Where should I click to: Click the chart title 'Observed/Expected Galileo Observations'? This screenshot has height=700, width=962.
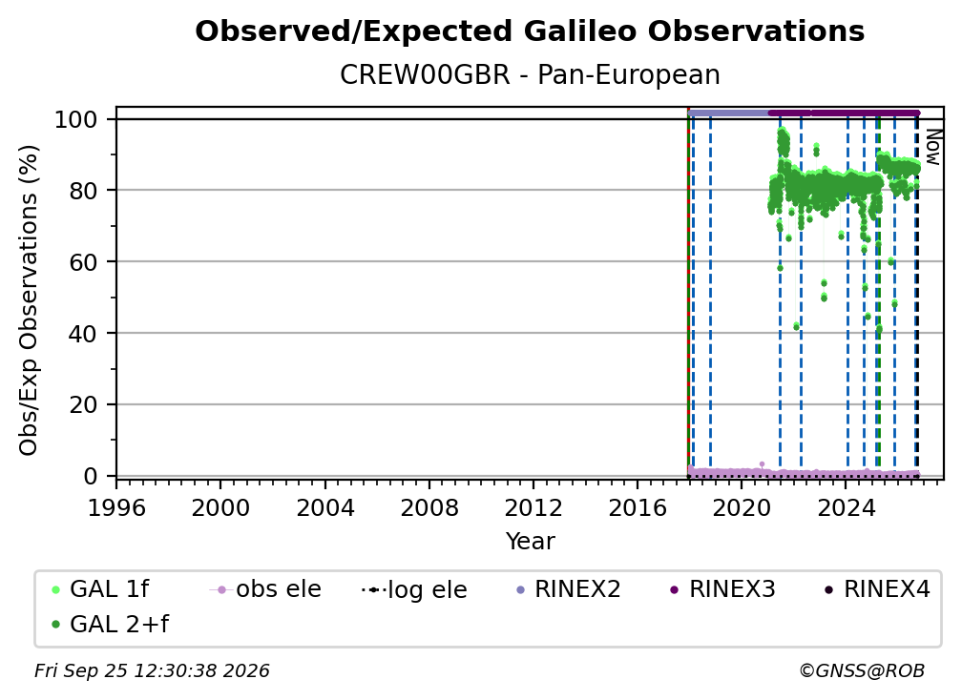click(x=530, y=31)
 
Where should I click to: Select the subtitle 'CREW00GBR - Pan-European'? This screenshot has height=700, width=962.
click(x=530, y=75)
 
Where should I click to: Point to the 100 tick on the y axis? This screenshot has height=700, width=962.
click(x=76, y=119)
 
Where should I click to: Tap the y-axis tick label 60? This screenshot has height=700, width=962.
click(x=83, y=262)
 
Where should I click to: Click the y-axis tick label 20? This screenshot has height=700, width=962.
click(x=83, y=405)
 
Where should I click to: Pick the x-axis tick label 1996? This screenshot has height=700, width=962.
click(x=116, y=508)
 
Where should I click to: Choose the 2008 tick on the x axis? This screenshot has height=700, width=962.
click(x=429, y=508)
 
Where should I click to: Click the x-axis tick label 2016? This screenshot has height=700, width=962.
click(x=638, y=508)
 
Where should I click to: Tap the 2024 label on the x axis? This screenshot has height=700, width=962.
click(x=846, y=508)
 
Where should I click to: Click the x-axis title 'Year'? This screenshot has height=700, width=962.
click(x=530, y=542)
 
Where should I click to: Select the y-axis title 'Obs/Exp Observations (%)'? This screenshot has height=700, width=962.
click(x=29, y=300)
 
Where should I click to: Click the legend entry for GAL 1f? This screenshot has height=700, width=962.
click(x=100, y=589)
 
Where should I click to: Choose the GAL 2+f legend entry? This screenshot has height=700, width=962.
click(x=110, y=625)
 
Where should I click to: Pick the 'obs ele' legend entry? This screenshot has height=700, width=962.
click(x=265, y=589)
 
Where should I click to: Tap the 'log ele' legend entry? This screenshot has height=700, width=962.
click(x=415, y=589)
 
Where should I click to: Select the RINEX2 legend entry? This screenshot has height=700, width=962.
click(x=569, y=589)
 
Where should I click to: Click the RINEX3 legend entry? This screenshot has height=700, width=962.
click(x=722, y=589)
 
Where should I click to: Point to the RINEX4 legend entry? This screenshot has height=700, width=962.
click(x=877, y=589)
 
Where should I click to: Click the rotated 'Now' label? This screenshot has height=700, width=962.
click(x=931, y=147)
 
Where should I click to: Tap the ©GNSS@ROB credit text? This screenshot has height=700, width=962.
click(x=862, y=671)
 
